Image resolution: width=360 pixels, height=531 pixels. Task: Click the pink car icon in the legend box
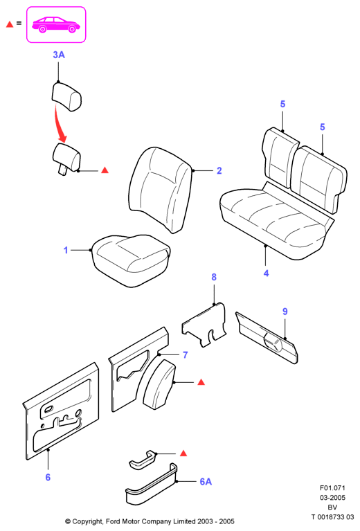click(x=56, y=24)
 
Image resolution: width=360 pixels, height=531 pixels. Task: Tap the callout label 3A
click(x=59, y=55)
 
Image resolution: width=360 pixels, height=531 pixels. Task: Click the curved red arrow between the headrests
click(x=60, y=124)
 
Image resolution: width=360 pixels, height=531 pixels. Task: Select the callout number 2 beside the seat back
click(x=219, y=171)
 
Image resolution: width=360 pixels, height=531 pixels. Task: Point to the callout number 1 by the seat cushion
click(x=66, y=250)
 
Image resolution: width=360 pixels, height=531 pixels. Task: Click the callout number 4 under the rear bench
click(x=266, y=273)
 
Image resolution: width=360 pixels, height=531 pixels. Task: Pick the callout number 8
click(x=214, y=277)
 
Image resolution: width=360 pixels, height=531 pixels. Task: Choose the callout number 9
click(x=285, y=312)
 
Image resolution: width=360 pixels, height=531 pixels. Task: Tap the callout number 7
click(x=186, y=355)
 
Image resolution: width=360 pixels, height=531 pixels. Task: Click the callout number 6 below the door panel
click(x=48, y=477)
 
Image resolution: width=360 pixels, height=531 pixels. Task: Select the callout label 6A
click(x=206, y=482)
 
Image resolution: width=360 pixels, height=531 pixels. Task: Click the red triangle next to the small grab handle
click(x=183, y=453)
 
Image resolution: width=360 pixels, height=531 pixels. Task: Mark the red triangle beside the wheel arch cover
click(x=201, y=382)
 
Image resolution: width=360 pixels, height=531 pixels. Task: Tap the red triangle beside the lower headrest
click(x=105, y=170)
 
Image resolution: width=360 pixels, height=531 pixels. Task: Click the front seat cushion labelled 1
click(x=131, y=260)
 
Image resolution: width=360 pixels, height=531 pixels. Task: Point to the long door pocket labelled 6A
click(x=152, y=485)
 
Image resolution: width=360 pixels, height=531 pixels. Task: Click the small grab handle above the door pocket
click(x=143, y=460)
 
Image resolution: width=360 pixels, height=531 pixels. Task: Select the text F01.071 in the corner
click(x=332, y=488)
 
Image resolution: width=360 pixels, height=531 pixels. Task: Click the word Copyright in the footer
click(x=88, y=521)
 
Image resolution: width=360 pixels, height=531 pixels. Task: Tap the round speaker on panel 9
click(x=273, y=342)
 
